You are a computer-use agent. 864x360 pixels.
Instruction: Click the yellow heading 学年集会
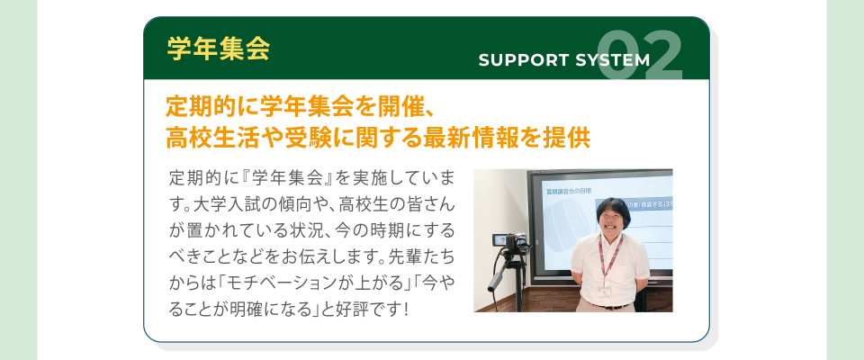tap(218, 49)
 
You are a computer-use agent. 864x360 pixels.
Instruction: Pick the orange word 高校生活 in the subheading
tap(205, 139)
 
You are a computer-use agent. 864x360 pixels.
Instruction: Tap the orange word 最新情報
tap(461, 139)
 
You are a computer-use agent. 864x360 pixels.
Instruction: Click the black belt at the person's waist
tap(609, 305)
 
